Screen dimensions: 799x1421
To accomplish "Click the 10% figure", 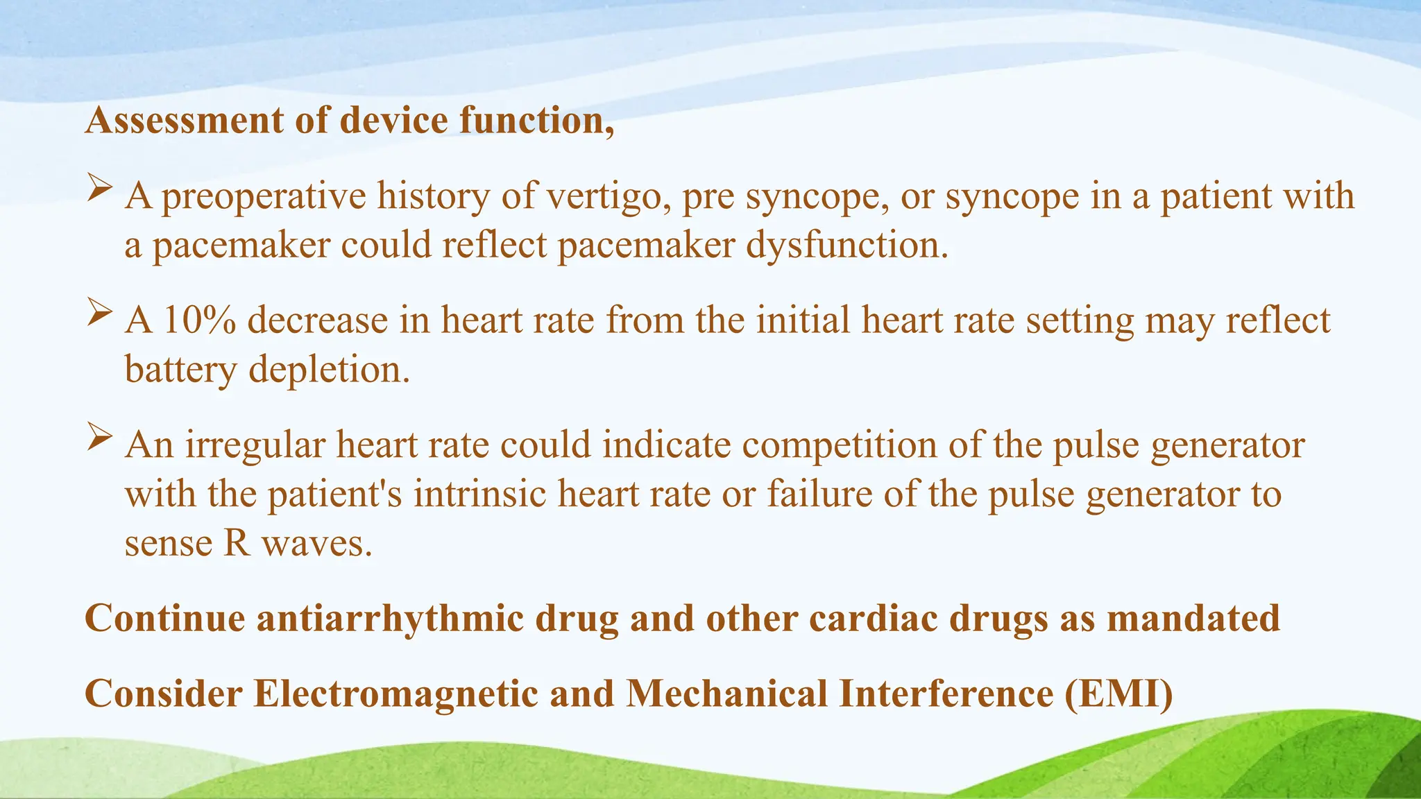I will [x=200, y=320].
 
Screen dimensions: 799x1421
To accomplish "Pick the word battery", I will [x=180, y=369].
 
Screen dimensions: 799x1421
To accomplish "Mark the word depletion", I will [x=330, y=369].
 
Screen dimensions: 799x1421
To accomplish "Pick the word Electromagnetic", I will [x=395, y=694].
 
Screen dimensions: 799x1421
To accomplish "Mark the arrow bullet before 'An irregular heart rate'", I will [x=100, y=437].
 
